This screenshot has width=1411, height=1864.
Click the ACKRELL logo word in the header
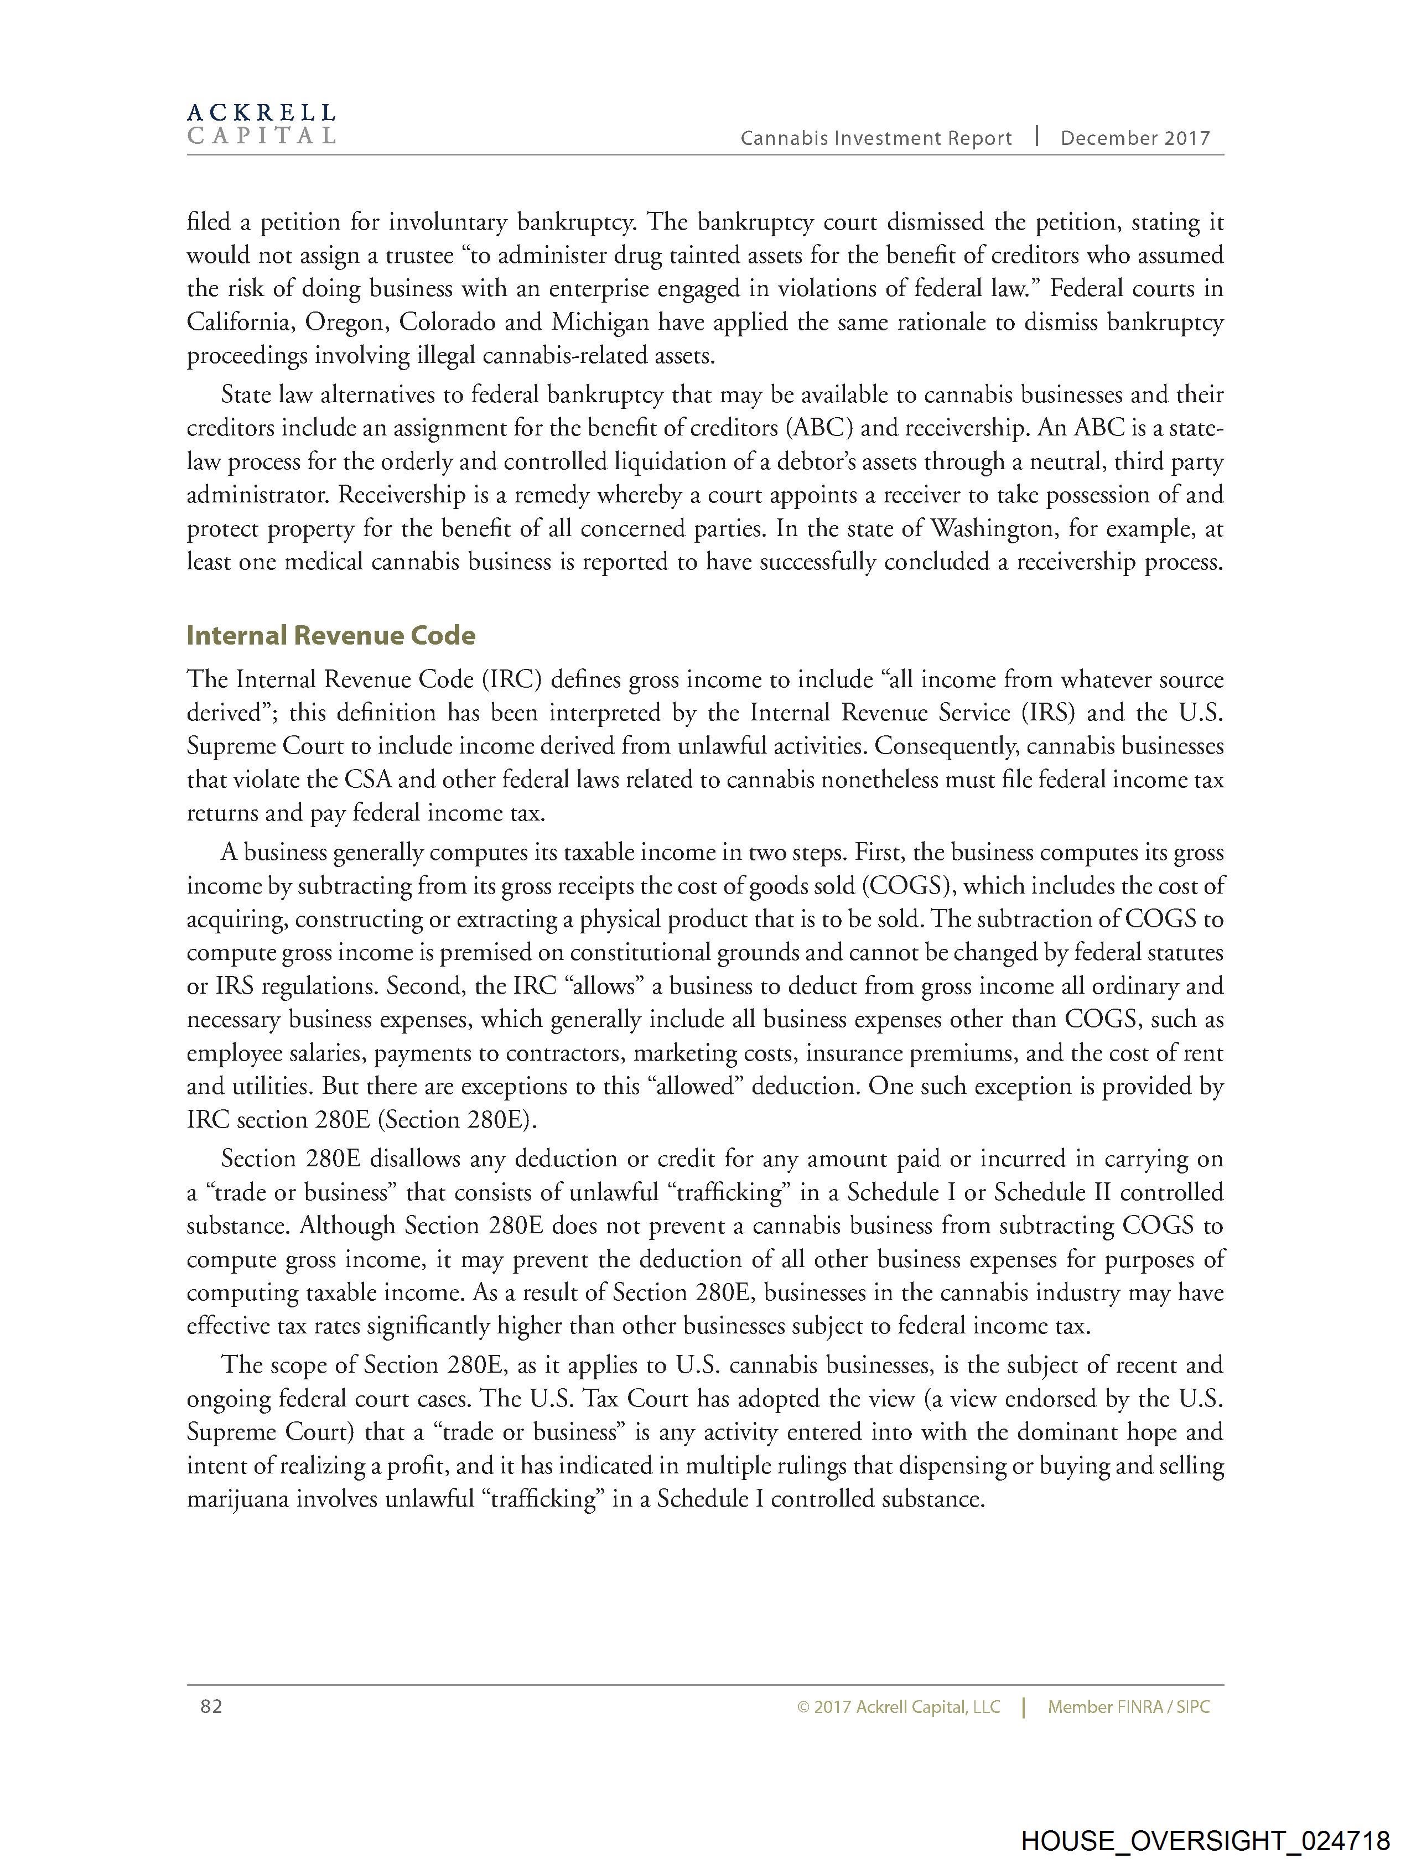tap(261, 112)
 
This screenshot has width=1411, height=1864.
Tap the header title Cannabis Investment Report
tap(876, 138)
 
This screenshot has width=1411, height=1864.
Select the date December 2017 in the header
tap(1134, 138)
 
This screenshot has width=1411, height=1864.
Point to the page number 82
tap(211, 1706)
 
